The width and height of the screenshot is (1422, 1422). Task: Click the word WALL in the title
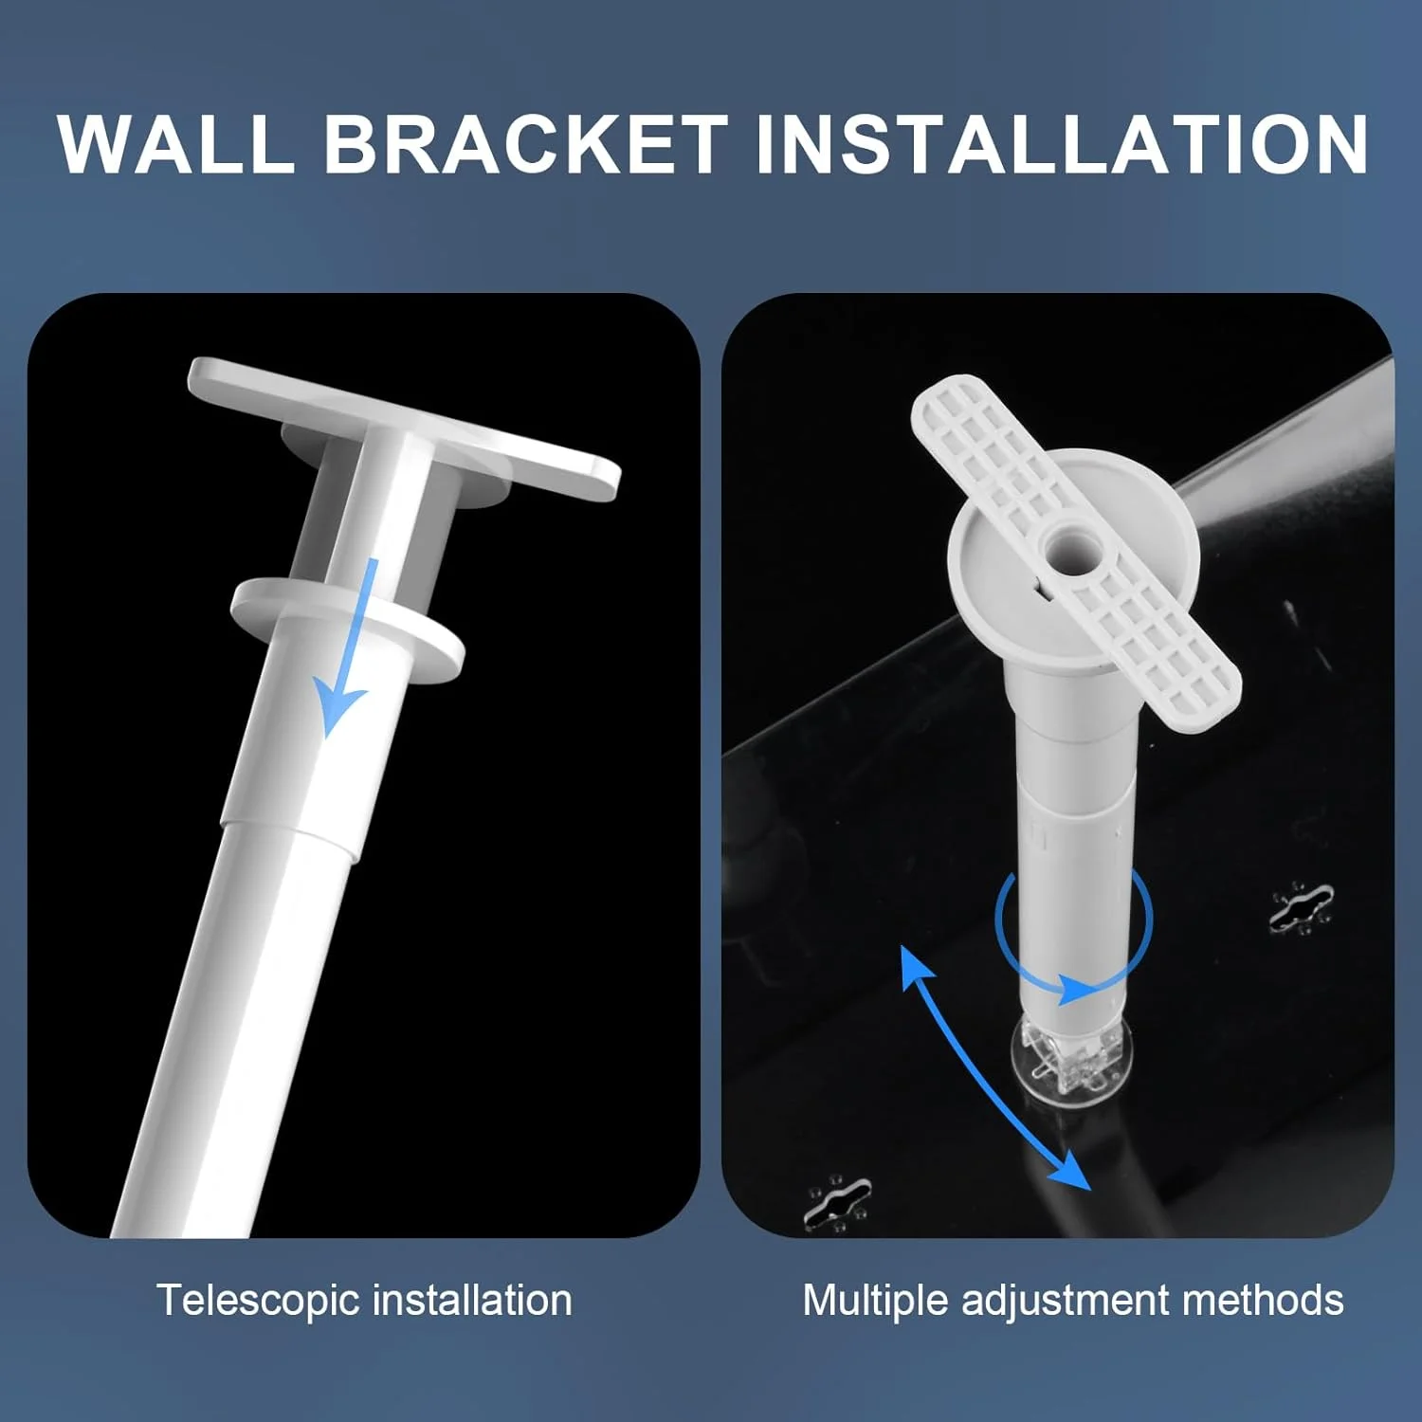click(177, 143)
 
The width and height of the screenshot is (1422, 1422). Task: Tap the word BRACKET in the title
click(526, 143)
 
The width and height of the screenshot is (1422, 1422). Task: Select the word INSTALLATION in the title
click(1062, 143)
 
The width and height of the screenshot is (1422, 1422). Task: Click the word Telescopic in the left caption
click(258, 1301)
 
